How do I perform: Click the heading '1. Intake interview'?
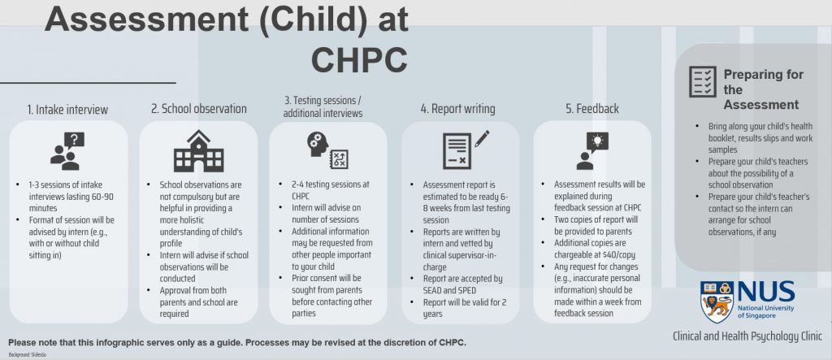tap(67, 109)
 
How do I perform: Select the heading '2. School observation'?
tap(198, 109)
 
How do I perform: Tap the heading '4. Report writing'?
tap(457, 109)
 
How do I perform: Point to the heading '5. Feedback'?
tap(592, 109)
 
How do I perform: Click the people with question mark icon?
tap(68, 151)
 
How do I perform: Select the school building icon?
tap(198, 151)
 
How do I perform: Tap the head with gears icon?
tap(328, 151)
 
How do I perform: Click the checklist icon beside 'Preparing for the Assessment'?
tap(702, 82)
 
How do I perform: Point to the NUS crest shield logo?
tap(715, 302)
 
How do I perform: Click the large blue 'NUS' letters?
tap(765, 292)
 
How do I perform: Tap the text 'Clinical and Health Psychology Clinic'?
tap(747, 336)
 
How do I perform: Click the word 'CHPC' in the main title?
tap(359, 59)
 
